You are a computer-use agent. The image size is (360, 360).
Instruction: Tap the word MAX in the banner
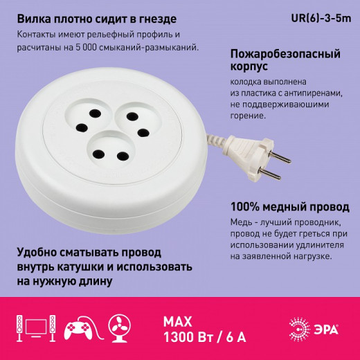click(x=178, y=320)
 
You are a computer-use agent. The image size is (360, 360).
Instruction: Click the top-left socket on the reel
click(x=90, y=117)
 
